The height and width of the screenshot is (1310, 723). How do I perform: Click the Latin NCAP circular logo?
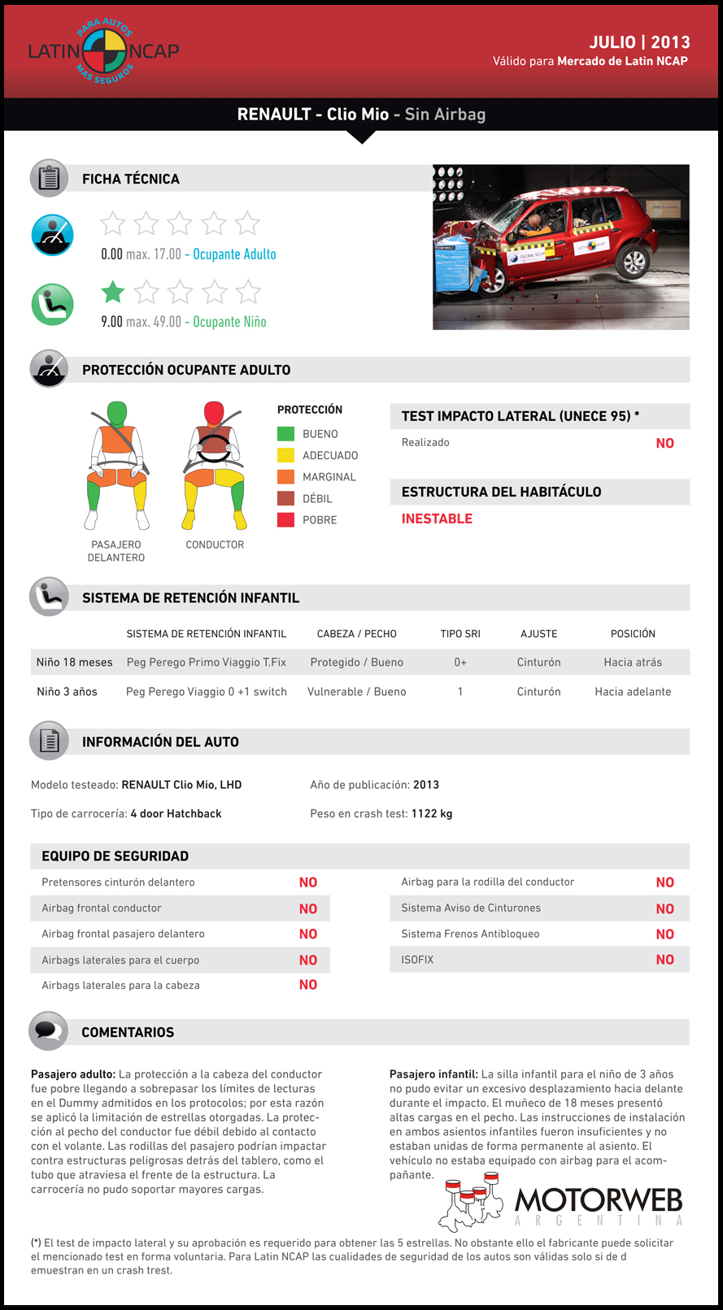click(x=104, y=51)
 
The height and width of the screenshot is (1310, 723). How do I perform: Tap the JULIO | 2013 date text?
click(x=639, y=42)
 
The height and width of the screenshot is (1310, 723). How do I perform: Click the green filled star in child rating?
click(x=113, y=292)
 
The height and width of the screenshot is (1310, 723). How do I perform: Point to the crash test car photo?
click(x=560, y=247)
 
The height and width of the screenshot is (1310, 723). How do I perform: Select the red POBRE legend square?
click(x=285, y=520)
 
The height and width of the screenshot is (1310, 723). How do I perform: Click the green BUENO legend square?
click(x=285, y=434)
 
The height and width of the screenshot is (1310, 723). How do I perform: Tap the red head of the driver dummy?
click(x=214, y=412)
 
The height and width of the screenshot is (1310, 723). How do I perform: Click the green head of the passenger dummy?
click(x=117, y=412)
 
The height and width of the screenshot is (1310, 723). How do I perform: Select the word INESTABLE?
click(x=437, y=518)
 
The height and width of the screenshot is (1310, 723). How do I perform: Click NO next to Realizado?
click(x=664, y=443)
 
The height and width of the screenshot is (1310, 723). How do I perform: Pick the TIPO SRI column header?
click(x=460, y=634)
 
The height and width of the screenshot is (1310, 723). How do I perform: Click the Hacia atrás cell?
click(x=633, y=662)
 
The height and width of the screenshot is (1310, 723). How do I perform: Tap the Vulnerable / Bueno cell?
click(x=356, y=692)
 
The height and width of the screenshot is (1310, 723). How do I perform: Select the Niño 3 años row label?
click(x=67, y=692)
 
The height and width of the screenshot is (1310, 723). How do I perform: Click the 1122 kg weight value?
click(x=432, y=813)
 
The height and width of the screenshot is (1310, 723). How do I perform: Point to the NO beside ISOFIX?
click(x=664, y=960)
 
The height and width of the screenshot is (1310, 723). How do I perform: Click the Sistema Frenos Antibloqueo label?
click(x=470, y=934)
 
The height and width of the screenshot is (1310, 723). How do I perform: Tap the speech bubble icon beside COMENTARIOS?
click(x=49, y=1031)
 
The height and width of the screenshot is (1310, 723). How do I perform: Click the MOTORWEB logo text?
click(x=599, y=1200)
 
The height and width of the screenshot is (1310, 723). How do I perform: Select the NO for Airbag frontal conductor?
click(x=307, y=909)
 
